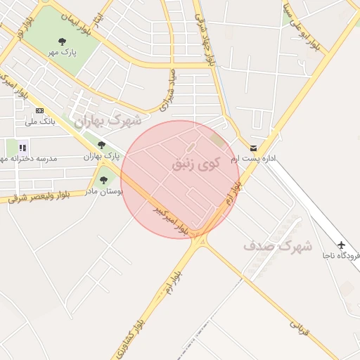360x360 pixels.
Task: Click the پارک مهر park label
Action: click(62, 52)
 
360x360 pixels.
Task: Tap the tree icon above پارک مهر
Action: click(62, 41)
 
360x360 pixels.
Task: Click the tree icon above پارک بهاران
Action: click(101, 145)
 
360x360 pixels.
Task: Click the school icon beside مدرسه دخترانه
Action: click(22, 148)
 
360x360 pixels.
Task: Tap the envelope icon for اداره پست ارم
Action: click(253, 148)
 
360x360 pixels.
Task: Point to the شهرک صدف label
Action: click(277, 246)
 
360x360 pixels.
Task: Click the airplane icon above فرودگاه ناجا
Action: click(342, 245)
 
